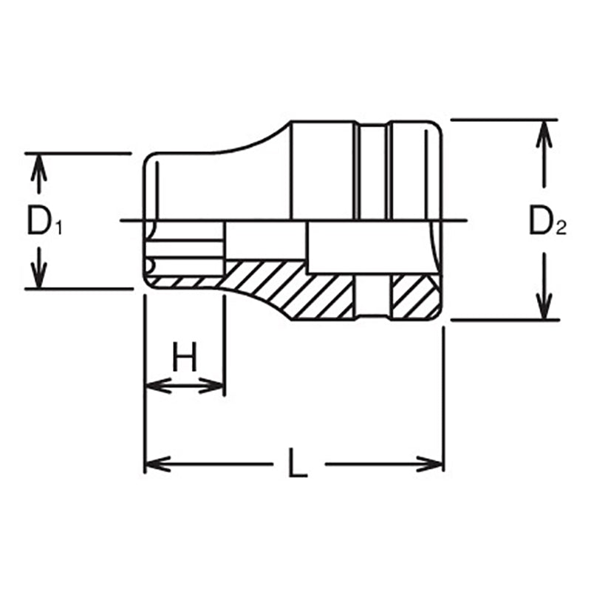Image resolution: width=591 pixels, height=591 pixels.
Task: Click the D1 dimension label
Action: click(x=43, y=221)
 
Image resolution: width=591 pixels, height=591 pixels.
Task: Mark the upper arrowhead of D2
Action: click(x=544, y=131)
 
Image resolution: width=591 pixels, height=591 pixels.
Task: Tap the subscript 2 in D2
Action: click(x=561, y=230)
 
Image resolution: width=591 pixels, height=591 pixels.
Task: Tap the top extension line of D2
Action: click(x=502, y=118)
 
